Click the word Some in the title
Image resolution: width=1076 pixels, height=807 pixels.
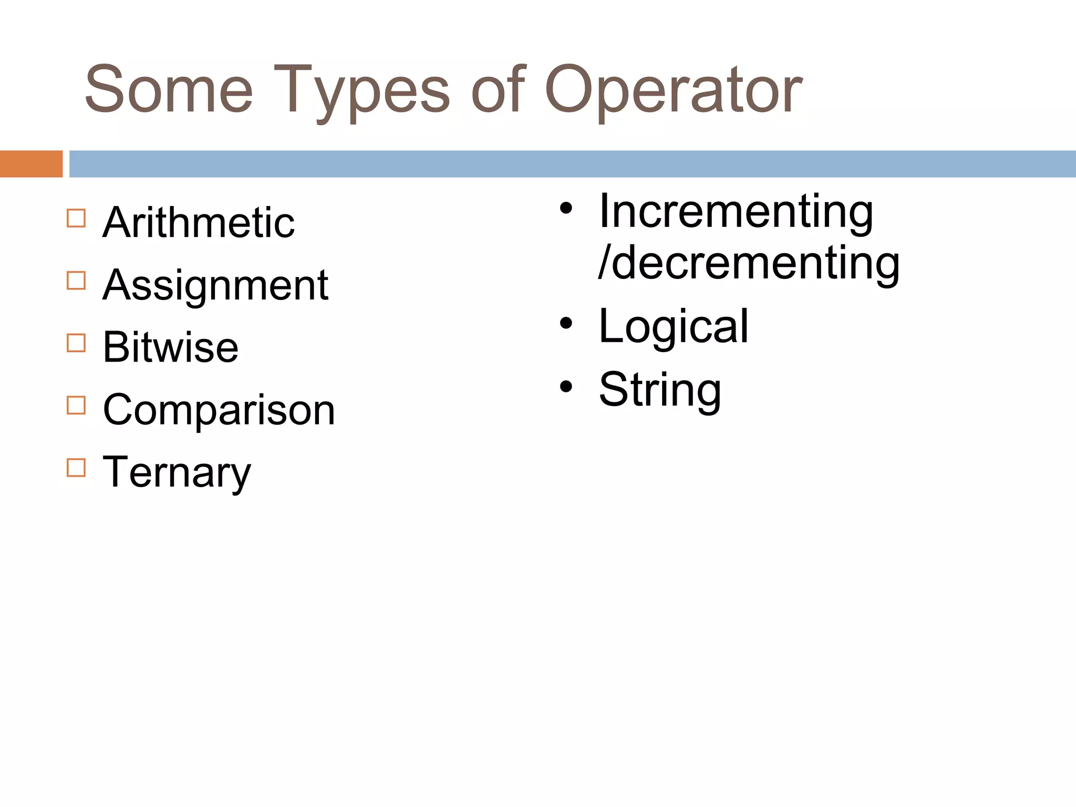(169, 89)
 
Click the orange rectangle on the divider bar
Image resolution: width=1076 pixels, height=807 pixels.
(31, 164)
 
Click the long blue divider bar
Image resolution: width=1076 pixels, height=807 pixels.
(572, 164)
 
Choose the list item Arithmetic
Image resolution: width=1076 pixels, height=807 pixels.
(199, 223)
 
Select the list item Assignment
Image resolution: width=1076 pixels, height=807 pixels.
(215, 285)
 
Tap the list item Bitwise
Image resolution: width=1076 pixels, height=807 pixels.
(171, 347)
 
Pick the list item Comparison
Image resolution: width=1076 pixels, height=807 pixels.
(219, 410)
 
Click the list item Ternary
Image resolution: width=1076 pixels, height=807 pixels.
(177, 472)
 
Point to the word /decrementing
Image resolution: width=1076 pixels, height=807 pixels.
(749, 263)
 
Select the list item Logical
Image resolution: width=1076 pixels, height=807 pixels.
(674, 327)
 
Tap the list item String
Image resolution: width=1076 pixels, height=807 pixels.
(660, 390)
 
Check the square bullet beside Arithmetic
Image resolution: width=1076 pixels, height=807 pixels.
(76, 218)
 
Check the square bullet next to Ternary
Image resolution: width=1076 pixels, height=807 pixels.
(76, 468)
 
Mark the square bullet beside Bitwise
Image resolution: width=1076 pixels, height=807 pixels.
(76, 343)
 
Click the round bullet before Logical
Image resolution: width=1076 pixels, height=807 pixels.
(566, 324)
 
